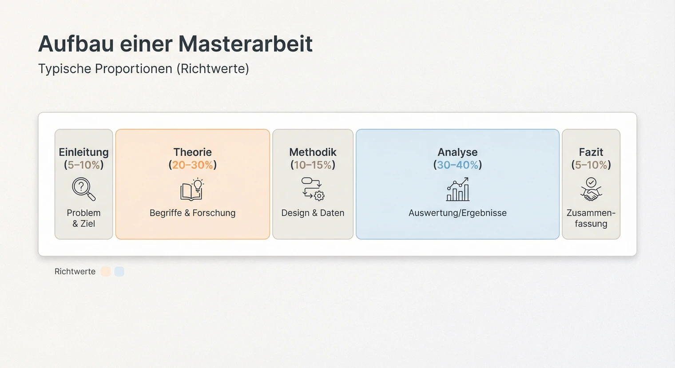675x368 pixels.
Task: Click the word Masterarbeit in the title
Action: [x=246, y=44]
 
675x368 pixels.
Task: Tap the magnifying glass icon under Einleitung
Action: [x=83, y=189]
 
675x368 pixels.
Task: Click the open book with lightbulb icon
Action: [x=192, y=190]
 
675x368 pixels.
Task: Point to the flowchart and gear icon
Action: [x=313, y=189]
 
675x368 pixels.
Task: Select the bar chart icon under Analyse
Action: [x=457, y=190]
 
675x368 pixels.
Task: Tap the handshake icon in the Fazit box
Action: [x=591, y=190]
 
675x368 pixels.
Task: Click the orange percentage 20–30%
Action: [x=193, y=165]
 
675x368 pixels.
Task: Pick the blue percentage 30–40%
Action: [x=457, y=165]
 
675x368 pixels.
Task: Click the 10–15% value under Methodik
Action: [x=313, y=165]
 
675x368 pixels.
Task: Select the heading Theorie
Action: [x=192, y=152]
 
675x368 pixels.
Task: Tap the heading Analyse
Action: [x=457, y=152]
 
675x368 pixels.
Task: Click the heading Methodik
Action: [x=313, y=152]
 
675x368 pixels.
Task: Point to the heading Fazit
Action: [x=591, y=152]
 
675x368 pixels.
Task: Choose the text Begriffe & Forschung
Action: [x=192, y=213]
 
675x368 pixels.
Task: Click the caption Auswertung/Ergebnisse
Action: [x=457, y=213]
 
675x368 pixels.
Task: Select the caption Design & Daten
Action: [x=313, y=213]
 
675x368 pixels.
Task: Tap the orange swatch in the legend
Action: [x=106, y=272]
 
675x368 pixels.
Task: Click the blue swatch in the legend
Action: [x=119, y=272]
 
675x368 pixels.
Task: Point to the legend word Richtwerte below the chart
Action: [x=75, y=272]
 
